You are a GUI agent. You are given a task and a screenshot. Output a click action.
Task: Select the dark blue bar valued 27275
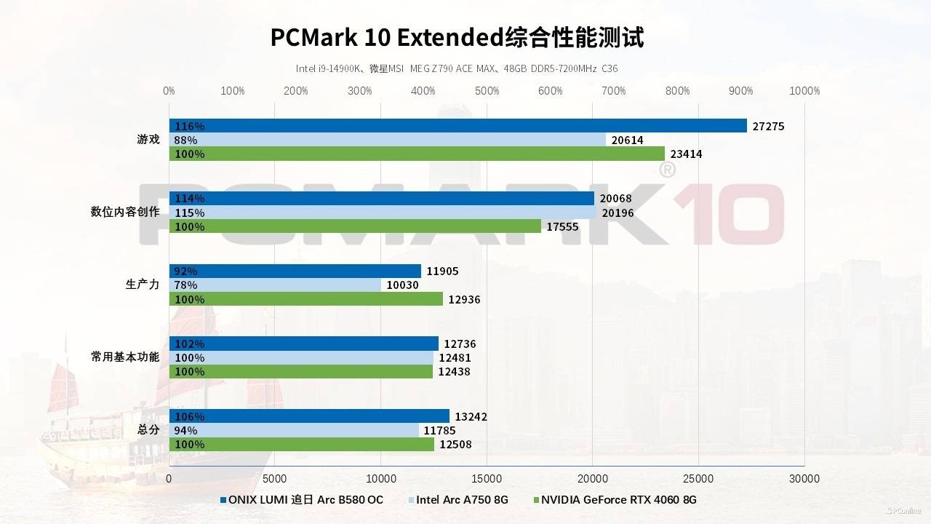point(458,126)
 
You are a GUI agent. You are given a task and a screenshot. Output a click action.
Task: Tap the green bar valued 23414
point(417,154)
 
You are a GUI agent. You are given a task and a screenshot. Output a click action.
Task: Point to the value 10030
point(402,285)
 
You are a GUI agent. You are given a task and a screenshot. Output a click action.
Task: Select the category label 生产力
point(143,285)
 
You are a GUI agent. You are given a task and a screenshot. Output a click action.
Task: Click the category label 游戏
point(148,139)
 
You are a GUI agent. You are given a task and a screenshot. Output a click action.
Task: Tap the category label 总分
point(148,429)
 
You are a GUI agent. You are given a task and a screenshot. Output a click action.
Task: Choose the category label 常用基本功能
point(125,357)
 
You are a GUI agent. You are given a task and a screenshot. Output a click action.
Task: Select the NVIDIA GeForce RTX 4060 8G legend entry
point(618,500)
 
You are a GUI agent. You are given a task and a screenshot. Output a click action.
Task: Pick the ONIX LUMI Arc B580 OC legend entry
point(305,500)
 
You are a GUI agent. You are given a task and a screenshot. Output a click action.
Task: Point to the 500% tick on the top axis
point(487,91)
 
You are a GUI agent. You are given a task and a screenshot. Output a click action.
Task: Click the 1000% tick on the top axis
point(804,91)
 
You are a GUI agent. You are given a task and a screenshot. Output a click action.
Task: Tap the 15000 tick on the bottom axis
point(487,478)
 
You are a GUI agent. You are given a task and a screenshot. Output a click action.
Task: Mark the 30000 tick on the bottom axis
point(804,478)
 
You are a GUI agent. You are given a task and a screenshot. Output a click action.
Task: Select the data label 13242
point(471,417)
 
